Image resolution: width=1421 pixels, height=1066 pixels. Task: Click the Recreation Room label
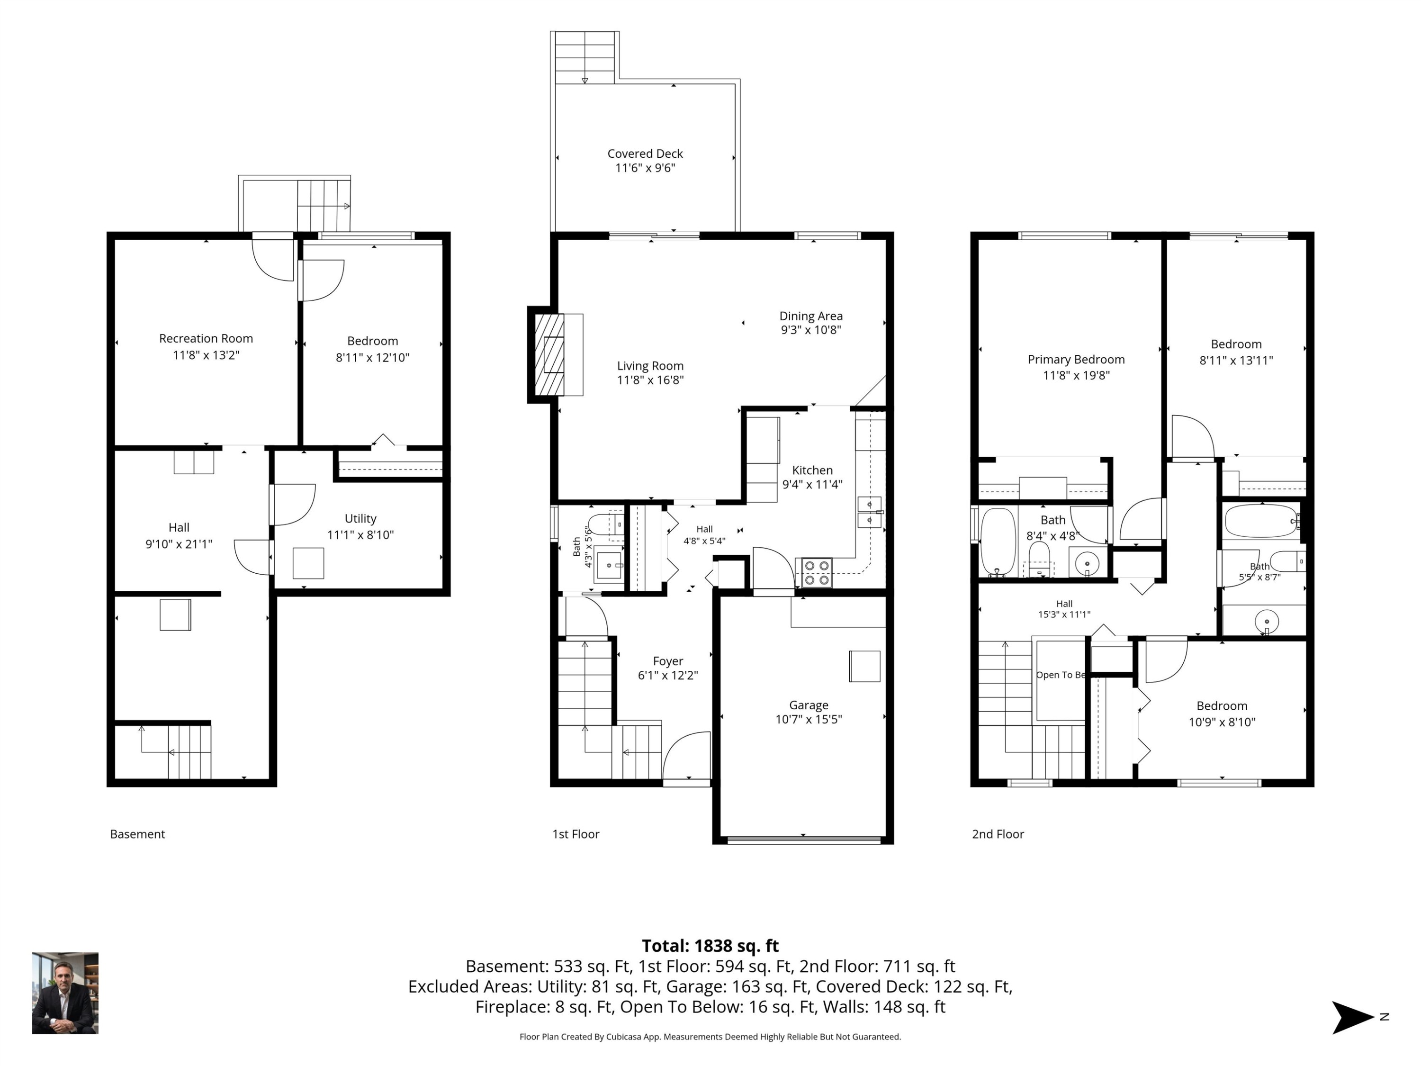206,339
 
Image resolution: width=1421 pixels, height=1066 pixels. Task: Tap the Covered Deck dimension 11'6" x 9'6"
645,168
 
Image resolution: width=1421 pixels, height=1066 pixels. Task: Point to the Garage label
809,705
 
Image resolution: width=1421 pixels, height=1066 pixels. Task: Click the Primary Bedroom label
1076,360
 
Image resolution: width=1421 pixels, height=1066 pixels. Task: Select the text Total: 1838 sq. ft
710,946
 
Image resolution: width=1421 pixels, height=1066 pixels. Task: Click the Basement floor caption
137,834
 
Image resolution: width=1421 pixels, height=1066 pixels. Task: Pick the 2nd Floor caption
998,834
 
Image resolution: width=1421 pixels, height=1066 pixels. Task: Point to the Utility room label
360,518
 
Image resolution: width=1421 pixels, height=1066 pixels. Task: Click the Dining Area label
811,316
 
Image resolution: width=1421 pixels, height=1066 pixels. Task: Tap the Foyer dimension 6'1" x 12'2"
667,675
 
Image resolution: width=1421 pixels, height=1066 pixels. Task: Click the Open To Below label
1061,675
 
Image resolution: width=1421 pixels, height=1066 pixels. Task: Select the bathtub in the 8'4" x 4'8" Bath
998,542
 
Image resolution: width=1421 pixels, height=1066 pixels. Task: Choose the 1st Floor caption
576,834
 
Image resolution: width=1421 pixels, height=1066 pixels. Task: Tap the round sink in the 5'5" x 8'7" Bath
1266,622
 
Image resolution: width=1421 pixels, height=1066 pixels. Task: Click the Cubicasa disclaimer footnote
710,1037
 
